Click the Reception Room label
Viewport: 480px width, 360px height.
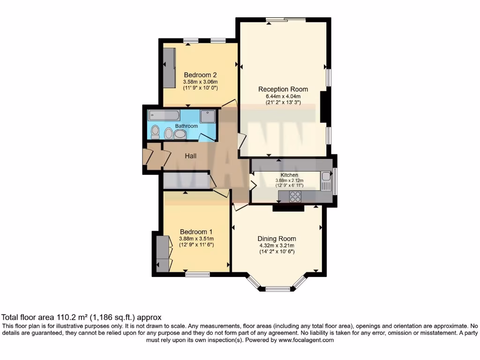coord(283,89)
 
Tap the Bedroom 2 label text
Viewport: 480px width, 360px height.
coord(200,75)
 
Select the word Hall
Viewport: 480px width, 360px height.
coord(190,156)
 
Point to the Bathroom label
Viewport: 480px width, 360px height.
coord(187,126)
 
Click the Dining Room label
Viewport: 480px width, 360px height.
coord(277,239)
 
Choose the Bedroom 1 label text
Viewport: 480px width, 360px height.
coord(196,232)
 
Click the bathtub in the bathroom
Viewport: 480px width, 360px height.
coord(164,115)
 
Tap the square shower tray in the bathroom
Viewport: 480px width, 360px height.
coord(208,116)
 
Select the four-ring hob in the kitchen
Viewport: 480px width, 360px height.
coord(295,197)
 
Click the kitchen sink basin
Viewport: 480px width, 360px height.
coord(326,177)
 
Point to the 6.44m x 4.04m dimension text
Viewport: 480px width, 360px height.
coord(283,97)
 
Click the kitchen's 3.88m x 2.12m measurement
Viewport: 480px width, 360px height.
coord(289,180)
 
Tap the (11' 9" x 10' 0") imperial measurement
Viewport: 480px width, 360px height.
coord(200,88)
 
